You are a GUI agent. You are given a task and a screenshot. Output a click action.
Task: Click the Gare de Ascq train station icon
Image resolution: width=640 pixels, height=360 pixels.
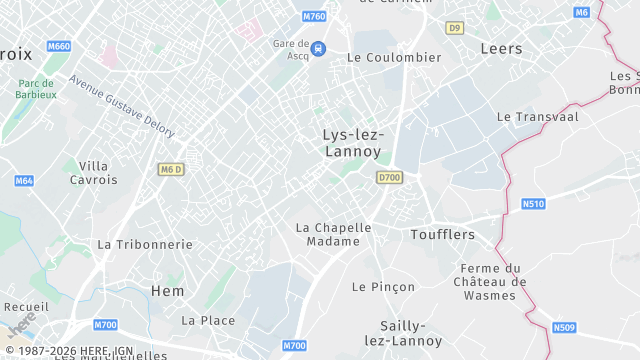318,47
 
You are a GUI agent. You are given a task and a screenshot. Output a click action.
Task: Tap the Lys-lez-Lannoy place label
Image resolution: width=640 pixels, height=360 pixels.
353,143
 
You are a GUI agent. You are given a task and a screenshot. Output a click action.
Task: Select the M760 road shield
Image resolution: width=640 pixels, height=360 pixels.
314,17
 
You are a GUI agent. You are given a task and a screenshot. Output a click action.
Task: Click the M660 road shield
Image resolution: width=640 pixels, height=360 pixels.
59,47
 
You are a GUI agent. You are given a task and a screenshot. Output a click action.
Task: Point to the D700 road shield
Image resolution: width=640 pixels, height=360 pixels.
389,177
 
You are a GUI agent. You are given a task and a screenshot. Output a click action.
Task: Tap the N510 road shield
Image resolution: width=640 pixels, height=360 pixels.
534,204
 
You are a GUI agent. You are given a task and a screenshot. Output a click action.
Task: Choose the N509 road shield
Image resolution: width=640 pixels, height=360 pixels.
565,327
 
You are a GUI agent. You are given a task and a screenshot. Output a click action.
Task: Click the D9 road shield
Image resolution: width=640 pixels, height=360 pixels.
456,28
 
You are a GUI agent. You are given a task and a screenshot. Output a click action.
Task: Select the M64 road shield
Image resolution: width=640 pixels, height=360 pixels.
24,181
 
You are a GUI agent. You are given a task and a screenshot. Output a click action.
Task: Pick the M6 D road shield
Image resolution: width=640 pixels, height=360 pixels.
171,169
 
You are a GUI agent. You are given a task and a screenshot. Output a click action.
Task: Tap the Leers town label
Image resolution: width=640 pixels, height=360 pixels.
501,48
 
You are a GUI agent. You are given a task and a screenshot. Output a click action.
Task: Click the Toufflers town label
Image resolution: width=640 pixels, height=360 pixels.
442,234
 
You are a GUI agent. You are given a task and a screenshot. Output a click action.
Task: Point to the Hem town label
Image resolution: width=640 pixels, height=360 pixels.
167,290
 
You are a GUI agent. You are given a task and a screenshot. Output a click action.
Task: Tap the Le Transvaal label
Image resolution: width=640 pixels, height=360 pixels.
537,116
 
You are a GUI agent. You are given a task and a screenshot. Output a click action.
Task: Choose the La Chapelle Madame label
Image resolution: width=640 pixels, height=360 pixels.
333,234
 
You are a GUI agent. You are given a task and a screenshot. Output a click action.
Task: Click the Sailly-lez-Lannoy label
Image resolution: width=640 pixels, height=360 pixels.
404,333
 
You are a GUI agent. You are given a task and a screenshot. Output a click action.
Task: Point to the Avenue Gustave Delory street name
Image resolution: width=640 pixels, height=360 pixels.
121,107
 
